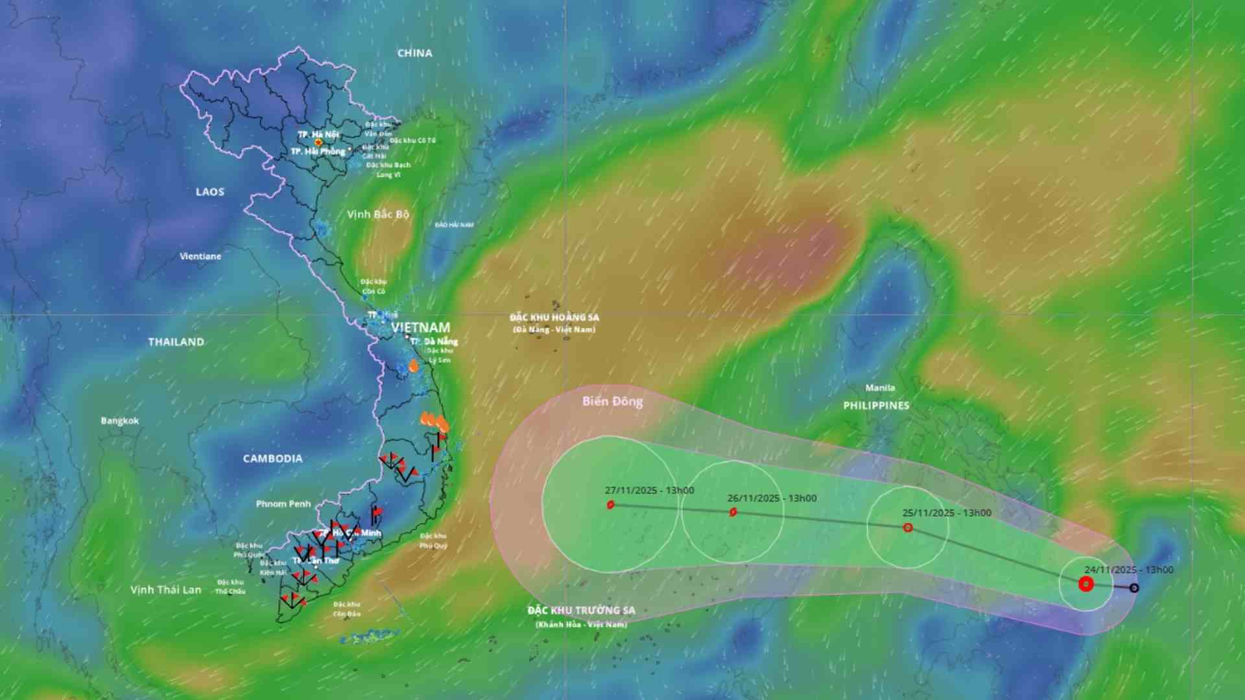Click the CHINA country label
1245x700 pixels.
(x=415, y=53)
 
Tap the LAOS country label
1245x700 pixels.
(x=210, y=192)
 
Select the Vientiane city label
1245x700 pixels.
(x=200, y=257)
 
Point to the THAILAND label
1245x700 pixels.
(x=176, y=342)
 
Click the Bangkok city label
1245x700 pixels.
(x=120, y=421)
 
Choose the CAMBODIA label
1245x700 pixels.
(x=272, y=459)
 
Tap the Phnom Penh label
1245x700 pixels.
(x=283, y=504)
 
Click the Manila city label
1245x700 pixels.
(x=880, y=388)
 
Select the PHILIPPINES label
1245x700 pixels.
(x=876, y=406)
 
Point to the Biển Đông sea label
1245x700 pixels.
(x=612, y=402)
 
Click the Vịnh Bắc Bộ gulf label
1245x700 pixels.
(x=378, y=215)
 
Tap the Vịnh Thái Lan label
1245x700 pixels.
(x=166, y=590)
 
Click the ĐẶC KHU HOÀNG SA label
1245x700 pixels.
(x=554, y=318)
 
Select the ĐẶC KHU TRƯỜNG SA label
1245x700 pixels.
(x=581, y=611)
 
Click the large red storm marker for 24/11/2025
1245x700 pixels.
(x=1086, y=585)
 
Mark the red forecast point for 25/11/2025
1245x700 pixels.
(x=908, y=528)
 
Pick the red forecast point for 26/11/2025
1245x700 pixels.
(x=733, y=512)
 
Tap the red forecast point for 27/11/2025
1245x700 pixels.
(x=611, y=505)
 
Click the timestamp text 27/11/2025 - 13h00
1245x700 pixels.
(x=649, y=491)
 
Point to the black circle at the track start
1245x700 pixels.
(x=1134, y=588)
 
